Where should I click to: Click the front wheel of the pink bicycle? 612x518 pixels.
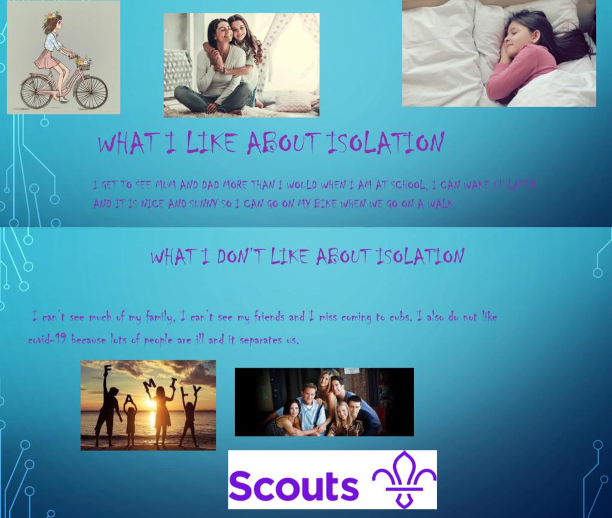pyautogui.click(x=91, y=93)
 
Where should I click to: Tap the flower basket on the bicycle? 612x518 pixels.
pyautogui.click(x=84, y=64)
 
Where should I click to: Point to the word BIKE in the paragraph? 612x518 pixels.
pyautogui.click(x=326, y=203)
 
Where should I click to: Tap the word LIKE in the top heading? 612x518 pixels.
pyautogui.click(x=211, y=142)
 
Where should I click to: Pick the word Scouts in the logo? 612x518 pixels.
pyautogui.click(x=293, y=485)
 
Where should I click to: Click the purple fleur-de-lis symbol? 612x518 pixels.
pyautogui.click(x=405, y=480)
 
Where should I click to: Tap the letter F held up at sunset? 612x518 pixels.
pyautogui.click(x=108, y=369)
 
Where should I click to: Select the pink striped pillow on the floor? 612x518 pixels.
pyautogui.click(x=293, y=100)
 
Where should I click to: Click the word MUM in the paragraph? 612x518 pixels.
pyautogui.click(x=167, y=184)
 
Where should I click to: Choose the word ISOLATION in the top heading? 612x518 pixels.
pyautogui.click(x=385, y=142)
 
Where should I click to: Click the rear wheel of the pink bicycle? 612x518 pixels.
pyautogui.click(x=36, y=92)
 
